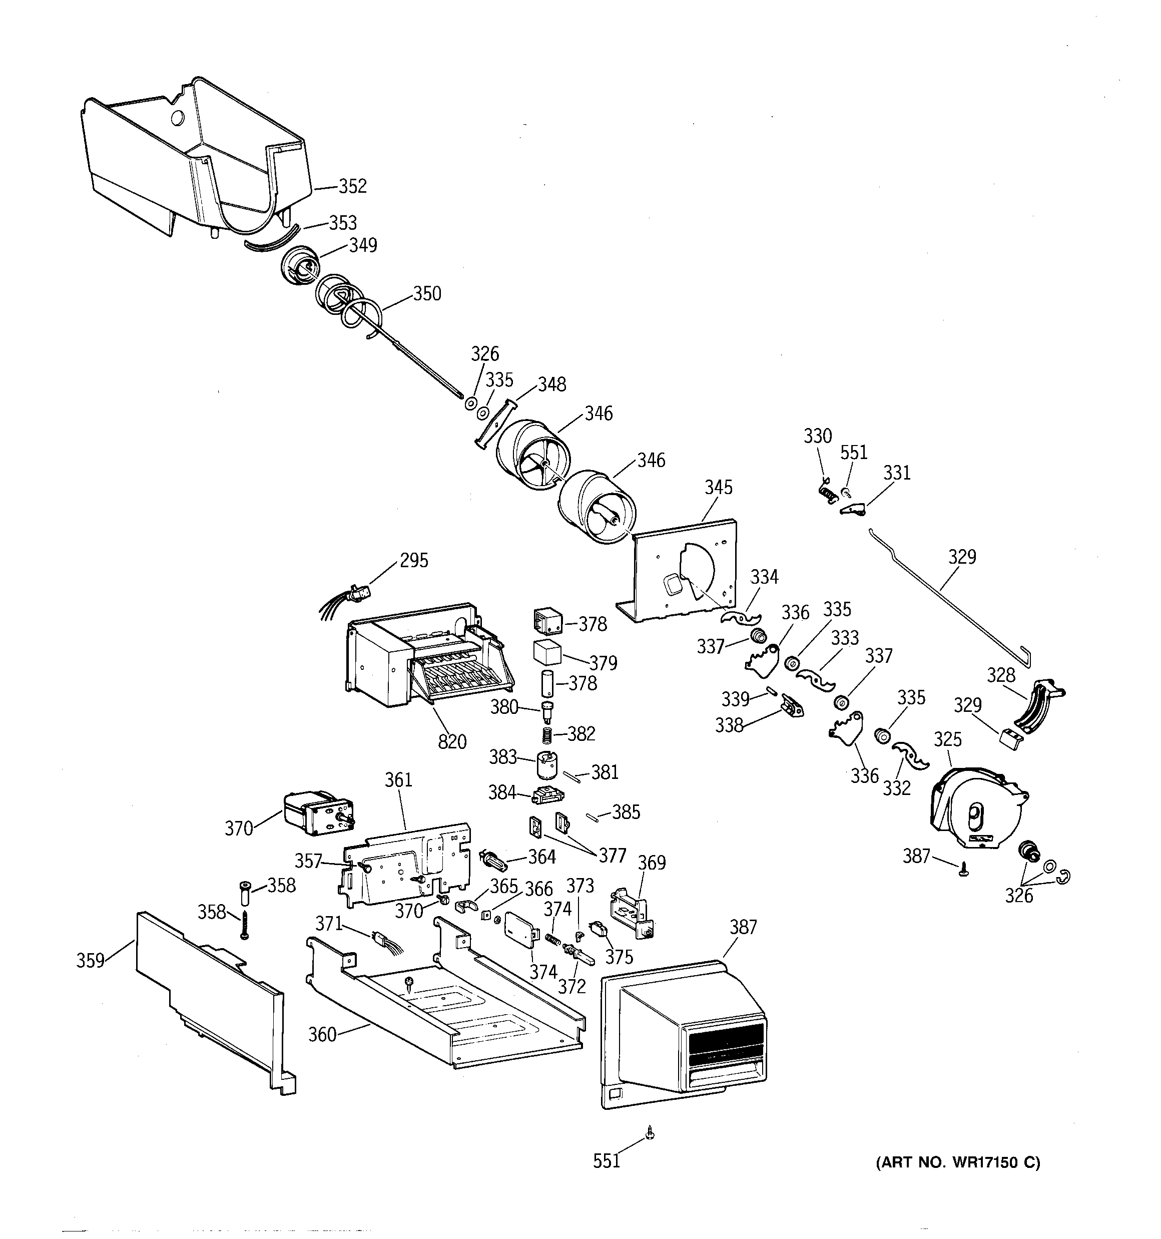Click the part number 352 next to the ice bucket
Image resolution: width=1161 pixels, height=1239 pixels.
[352, 186]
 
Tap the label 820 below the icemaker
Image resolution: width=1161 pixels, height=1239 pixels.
[452, 742]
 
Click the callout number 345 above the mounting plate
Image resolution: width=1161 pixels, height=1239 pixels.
[718, 488]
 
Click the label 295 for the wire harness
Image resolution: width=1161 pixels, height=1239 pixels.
[414, 560]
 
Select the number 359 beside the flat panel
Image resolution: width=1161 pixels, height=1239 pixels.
[91, 961]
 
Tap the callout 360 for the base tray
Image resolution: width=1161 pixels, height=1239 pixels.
[322, 1035]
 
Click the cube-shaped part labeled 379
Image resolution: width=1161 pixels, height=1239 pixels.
[547, 653]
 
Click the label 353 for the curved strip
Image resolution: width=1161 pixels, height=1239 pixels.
[343, 222]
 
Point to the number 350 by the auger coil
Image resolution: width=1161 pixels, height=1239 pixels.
[427, 293]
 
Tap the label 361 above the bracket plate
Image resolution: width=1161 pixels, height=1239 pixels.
[398, 779]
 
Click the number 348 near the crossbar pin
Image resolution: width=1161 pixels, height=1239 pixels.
[551, 384]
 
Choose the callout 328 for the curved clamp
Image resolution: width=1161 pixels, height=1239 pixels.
[1001, 675]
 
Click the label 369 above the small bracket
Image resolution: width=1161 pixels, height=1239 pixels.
[652, 863]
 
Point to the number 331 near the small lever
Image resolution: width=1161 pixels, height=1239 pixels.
[896, 473]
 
